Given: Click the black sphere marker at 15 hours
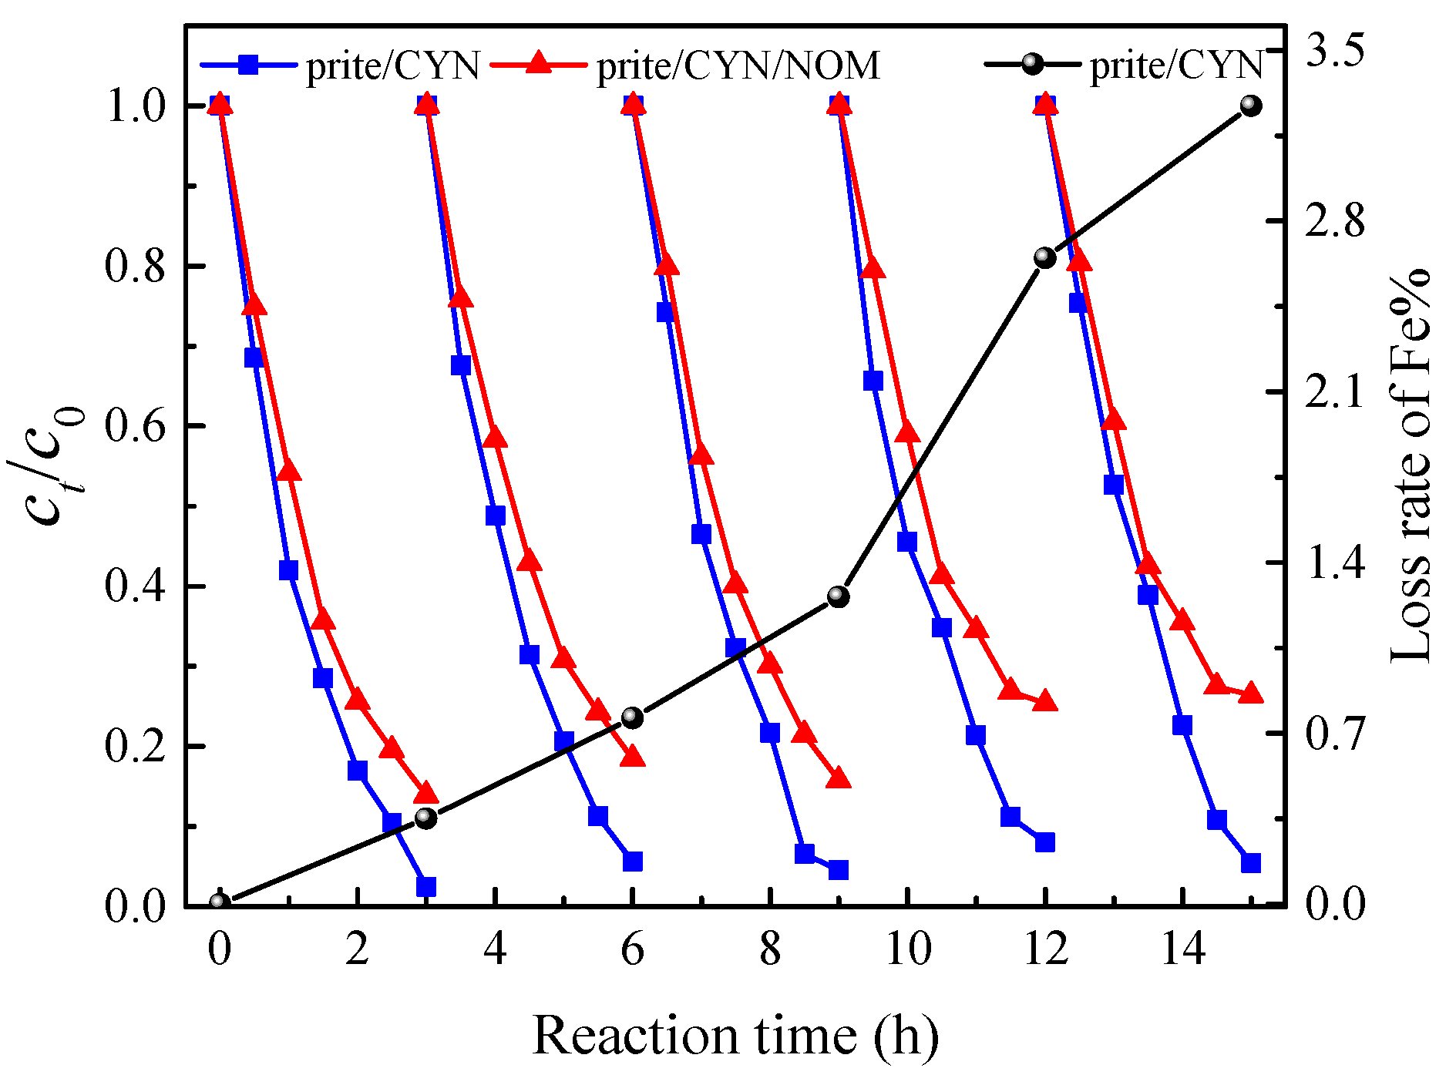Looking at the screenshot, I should click(1250, 106).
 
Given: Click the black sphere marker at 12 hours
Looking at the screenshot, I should click(1044, 257).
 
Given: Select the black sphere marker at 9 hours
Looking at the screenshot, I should click(838, 596).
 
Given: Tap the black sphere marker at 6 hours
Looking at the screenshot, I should click(632, 717).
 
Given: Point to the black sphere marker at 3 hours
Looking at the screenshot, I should click(425, 818).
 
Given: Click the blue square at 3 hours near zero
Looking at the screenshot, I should click(426, 886).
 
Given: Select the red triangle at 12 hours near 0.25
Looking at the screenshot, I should click(1045, 700).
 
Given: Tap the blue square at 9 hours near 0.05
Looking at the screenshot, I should click(839, 870).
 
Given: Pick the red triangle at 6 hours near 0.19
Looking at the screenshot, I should click(633, 756).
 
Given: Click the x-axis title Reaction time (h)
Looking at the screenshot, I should click(735, 1035).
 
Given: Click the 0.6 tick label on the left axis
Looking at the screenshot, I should click(136, 426).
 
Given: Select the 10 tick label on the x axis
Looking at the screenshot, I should click(908, 949).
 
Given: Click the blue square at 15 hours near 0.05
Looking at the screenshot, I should click(1250, 862).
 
